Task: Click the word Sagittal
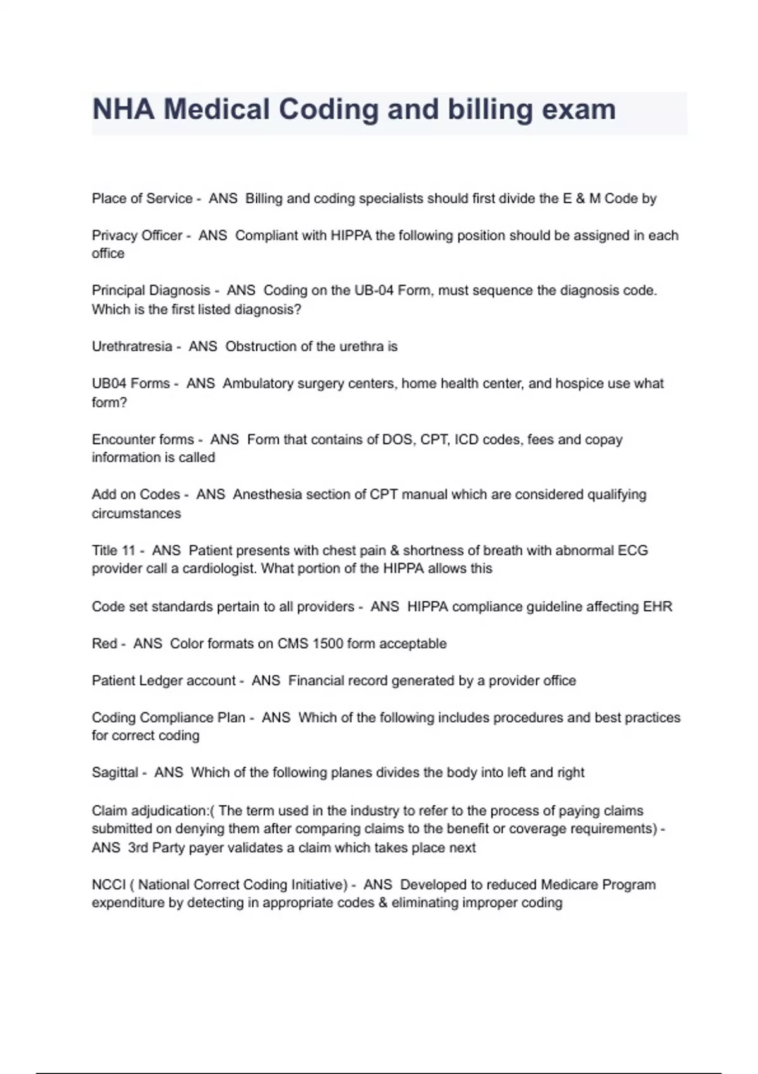click(114, 772)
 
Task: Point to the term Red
click(104, 643)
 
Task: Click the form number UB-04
click(375, 291)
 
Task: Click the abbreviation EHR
click(658, 606)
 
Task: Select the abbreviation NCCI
click(109, 884)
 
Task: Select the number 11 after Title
click(129, 550)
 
